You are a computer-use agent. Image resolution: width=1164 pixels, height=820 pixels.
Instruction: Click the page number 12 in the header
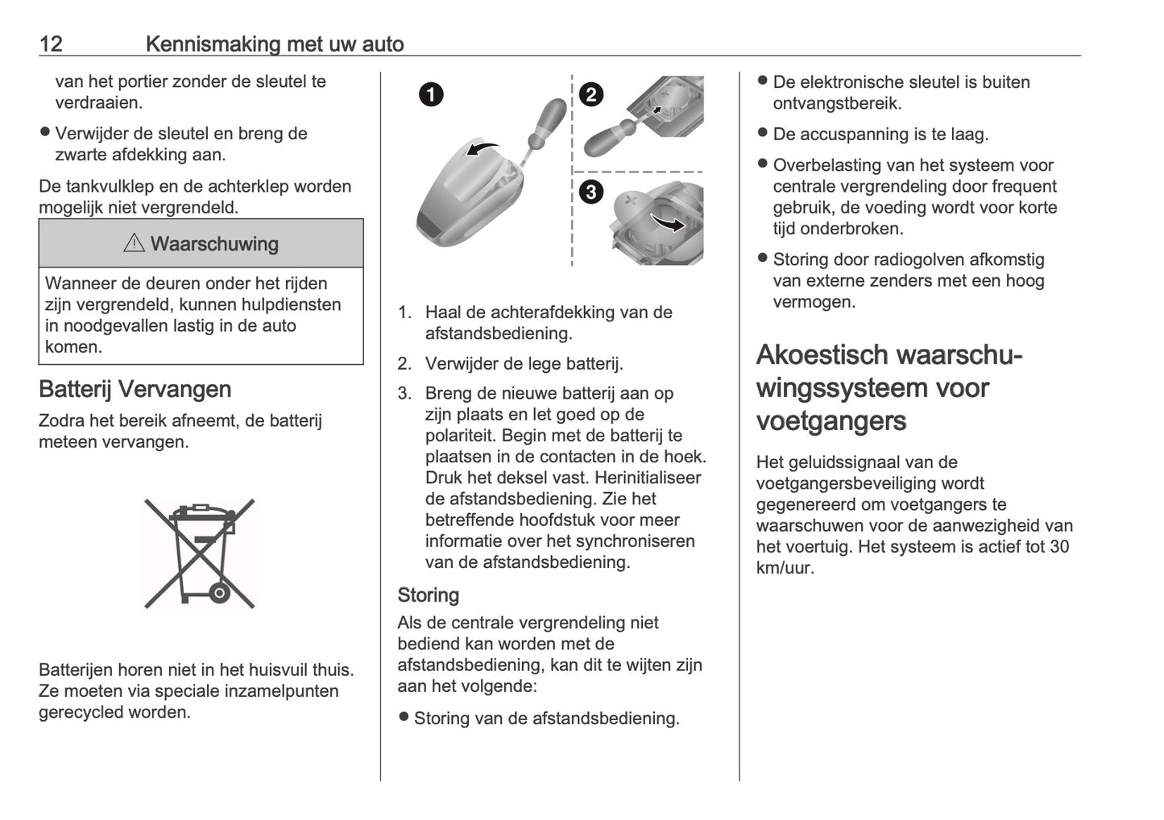[51, 43]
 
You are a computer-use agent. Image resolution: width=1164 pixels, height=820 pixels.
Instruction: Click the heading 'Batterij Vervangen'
[135, 389]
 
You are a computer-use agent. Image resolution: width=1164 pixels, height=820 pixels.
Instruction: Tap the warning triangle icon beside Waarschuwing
[134, 243]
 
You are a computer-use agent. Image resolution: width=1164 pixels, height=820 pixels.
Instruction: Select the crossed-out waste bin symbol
[200, 553]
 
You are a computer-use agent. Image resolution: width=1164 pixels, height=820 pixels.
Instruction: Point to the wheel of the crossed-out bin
[219, 594]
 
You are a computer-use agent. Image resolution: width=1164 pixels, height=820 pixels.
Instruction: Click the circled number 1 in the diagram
[431, 95]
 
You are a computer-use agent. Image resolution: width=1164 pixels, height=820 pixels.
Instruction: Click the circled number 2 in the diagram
[591, 95]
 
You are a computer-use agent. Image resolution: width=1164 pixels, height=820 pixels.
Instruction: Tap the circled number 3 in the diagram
[591, 193]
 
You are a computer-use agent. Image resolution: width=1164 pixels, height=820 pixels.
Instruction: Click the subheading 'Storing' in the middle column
[428, 595]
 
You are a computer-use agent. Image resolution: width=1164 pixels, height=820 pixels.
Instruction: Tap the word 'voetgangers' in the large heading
[831, 421]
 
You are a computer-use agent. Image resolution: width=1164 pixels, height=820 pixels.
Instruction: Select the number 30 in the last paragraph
[1059, 546]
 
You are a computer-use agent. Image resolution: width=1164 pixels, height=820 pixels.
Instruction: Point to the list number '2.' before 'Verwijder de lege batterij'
[404, 364]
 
